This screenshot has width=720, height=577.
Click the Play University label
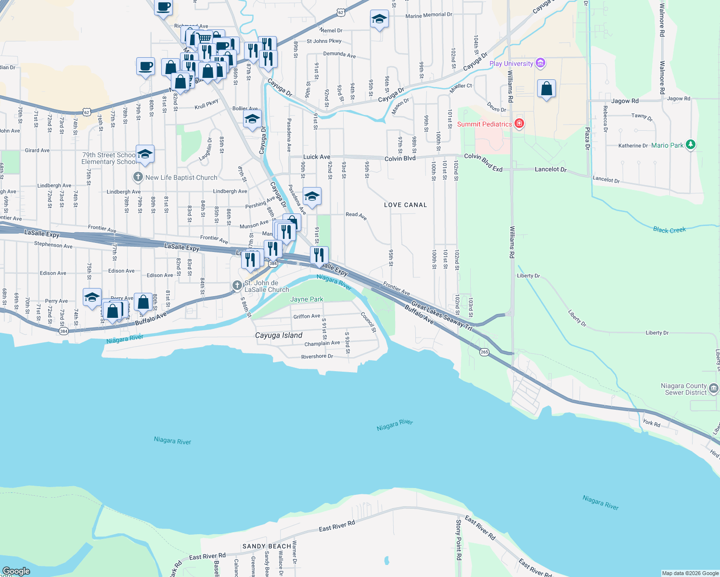pyautogui.click(x=511, y=63)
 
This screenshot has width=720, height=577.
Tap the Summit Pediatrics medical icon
pyautogui.click(x=519, y=124)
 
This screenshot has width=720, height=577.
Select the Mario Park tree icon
pyautogui.click(x=691, y=144)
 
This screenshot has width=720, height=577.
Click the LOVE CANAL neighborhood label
pyautogui.click(x=405, y=205)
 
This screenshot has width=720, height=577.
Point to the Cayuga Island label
pyautogui.click(x=279, y=335)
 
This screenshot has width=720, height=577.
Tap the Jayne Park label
pyautogui.click(x=307, y=299)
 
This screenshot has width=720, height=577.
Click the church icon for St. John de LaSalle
pyautogui.click(x=237, y=286)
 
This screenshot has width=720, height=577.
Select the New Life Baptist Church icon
pyautogui.click(x=138, y=177)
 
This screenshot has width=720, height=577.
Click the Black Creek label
pyautogui.click(x=669, y=230)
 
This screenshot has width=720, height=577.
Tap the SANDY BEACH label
pyautogui.click(x=267, y=546)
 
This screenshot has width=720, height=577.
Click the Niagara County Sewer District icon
pyautogui.click(x=714, y=388)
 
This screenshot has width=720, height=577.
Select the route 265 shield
pyautogui.click(x=484, y=352)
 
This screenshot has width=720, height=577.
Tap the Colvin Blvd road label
pyautogui.click(x=400, y=158)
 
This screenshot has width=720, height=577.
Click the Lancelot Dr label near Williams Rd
pyautogui.click(x=551, y=169)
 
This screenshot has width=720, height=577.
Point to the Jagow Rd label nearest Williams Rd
pyautogui.click(x=625, y=101)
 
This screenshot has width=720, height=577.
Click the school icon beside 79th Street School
pyautogui.click(x=145, y=154)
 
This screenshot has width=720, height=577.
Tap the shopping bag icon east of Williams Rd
pyautogui.click(x=546, y=89)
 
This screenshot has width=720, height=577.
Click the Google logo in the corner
pyautogui.click(x=16, y=571)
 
